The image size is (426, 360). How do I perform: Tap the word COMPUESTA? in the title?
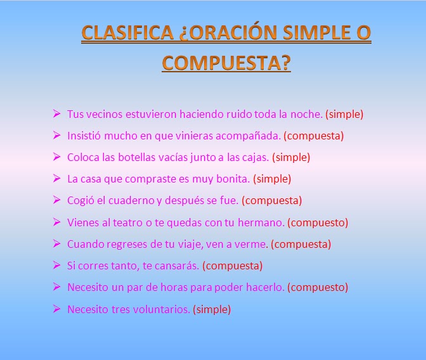click(226, 63)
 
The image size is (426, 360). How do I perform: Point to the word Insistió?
click(85, 136)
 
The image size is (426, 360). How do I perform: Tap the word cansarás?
click(177, 266)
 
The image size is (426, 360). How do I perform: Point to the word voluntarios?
click(159, 309)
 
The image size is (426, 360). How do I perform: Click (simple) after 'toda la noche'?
click(344, 115)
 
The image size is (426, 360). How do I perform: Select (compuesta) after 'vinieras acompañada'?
click(313, 136)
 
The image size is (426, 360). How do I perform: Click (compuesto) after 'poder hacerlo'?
click(318, 288)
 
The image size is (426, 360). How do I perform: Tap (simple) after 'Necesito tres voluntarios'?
click(212, 309)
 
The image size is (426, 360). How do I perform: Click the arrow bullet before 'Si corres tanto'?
click(56, 266)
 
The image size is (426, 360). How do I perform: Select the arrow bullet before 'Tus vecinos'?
click(56, 114)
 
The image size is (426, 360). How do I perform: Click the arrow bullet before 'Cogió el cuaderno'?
click(56, 200)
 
